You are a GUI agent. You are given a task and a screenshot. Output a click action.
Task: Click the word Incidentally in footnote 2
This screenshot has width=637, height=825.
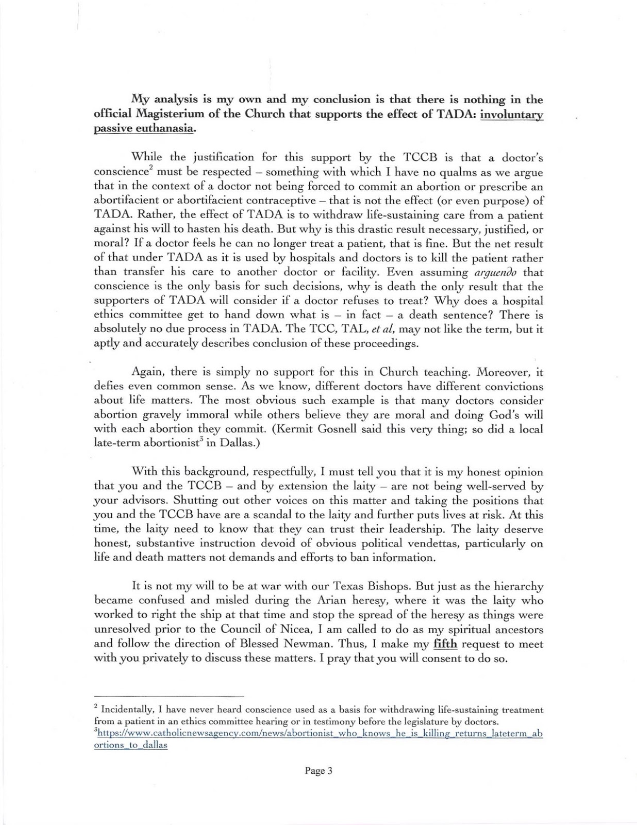pyautogui.click(x=123, y=710)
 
